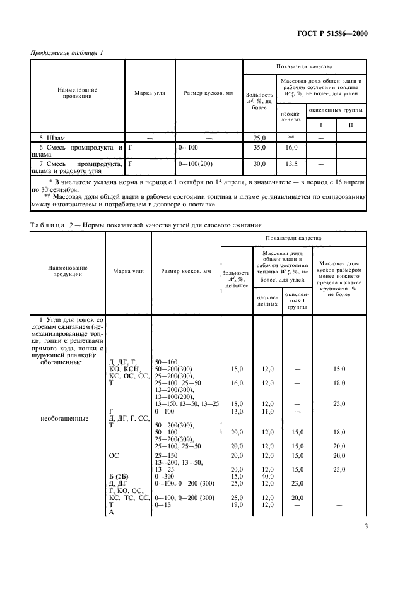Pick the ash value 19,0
[235, 504]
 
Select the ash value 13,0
[235, 410]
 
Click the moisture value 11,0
[267, 410]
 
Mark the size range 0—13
[167, 504]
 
